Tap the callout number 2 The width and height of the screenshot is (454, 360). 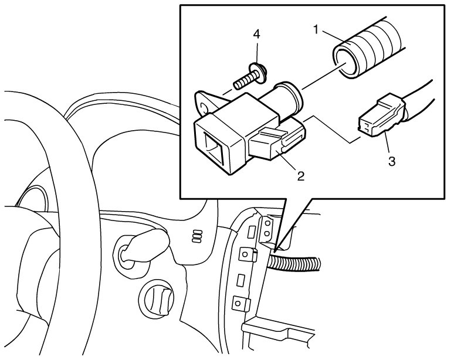click(x=300, y=175)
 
